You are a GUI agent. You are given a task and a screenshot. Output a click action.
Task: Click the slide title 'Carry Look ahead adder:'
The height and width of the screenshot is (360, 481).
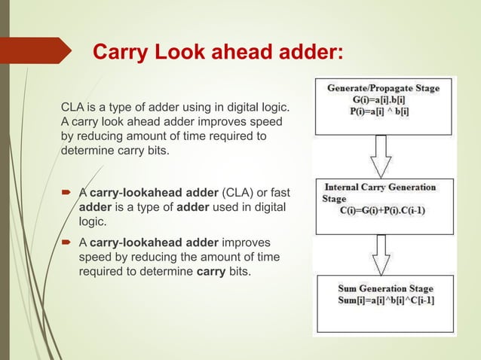tap(217, 52)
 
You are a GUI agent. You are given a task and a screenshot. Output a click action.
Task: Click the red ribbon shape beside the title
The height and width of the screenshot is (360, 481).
tap(41, 50)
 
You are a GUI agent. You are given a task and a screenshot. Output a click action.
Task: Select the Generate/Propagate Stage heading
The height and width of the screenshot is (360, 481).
tap(383, 88)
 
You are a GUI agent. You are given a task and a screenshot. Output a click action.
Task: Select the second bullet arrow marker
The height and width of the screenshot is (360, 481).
tap(67, 243)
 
